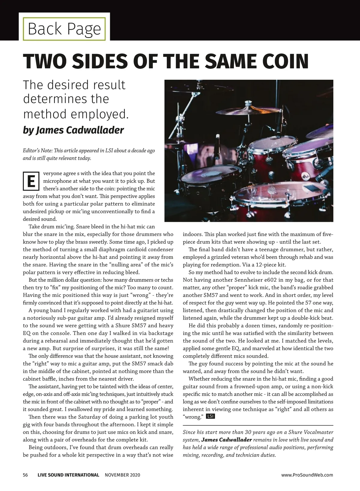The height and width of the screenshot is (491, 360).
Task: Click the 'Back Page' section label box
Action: point(64,29)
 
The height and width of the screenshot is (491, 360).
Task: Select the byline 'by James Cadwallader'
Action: point(73,130)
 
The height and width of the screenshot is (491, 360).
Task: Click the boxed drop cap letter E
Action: point(31,181)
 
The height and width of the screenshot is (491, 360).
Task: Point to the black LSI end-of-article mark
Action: point(211,416)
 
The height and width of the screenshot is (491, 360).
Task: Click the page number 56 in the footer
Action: point(25,475)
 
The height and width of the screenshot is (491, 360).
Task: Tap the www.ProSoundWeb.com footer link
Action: point(307,475)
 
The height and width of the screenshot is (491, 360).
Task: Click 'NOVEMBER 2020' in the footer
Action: point(122,475)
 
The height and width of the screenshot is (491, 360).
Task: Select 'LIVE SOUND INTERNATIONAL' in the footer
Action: point(68,475)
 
